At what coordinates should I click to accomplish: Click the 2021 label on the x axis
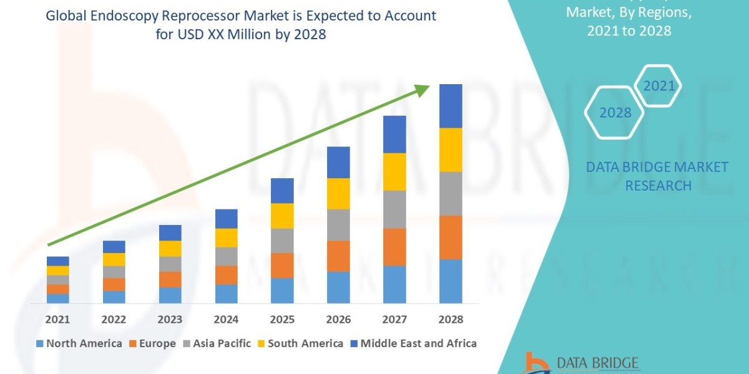57,319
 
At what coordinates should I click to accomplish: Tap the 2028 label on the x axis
451,319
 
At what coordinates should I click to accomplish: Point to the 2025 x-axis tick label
282,319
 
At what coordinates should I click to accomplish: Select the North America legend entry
79,343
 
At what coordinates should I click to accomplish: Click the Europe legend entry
153,343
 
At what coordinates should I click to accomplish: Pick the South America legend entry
300,343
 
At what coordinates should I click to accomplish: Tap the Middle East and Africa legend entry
413,343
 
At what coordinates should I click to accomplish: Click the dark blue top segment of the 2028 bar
451,106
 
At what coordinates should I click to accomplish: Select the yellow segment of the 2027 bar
394,171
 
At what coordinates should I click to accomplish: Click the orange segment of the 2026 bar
338,256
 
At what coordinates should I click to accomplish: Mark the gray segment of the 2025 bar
282,241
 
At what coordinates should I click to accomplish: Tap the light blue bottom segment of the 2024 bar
226,294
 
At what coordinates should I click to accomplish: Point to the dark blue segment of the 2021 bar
57,261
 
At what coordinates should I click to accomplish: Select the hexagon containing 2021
658,86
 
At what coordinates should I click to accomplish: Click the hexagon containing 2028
614,113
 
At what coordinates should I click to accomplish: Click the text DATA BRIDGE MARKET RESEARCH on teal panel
657,176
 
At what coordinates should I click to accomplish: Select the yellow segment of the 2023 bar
170,249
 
